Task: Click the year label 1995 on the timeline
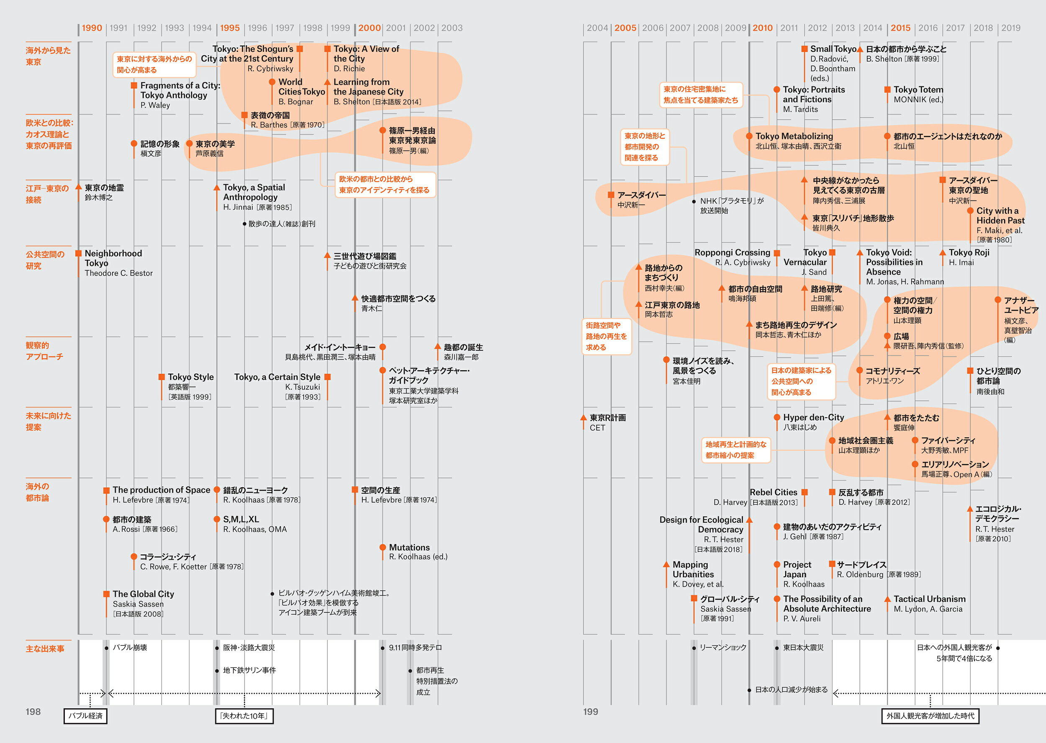[x=230, y=28]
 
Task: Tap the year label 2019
[x=1010, y=28]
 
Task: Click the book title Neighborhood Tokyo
[x=113, y=258]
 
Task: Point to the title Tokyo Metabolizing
[x=794, y=136]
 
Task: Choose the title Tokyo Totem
[x=918, y=90]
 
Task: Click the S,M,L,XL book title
[x=241, y=519]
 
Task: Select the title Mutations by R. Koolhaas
[x=409, y=547]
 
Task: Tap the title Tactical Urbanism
[x=929, y=599]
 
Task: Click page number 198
[x=33, y=712]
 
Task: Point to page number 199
[x=590, y=712]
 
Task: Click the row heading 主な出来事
[x=45, y=649]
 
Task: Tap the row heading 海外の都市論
[x=38, y=492]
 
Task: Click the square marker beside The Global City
[x=107, y=594]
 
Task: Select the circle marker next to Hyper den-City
[x=777, y=417]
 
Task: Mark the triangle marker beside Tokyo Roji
[x=942, y=252]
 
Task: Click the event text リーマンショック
[x=723, y=648]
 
